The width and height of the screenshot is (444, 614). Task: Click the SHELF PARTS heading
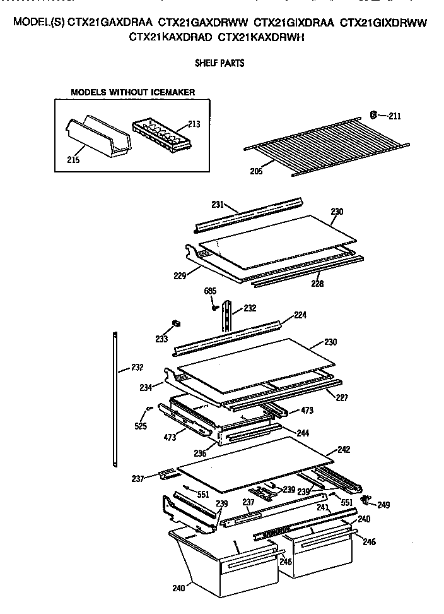[219, 63]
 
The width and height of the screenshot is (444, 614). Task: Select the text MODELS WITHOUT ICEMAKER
[132, 92]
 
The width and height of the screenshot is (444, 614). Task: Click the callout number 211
[394, 116]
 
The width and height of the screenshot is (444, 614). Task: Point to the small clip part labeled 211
[373, 115]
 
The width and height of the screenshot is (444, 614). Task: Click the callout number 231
[218, 204]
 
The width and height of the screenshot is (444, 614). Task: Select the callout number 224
[300, 315]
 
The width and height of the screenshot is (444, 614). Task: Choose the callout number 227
[341, 398]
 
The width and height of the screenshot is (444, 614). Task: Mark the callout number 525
[141, 426]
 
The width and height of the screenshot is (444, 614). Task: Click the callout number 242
[344, 450]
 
